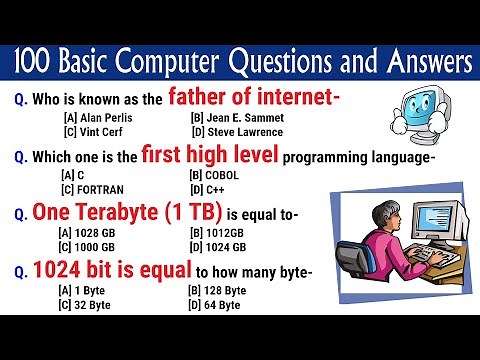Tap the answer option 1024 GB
[x=220, y=247]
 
